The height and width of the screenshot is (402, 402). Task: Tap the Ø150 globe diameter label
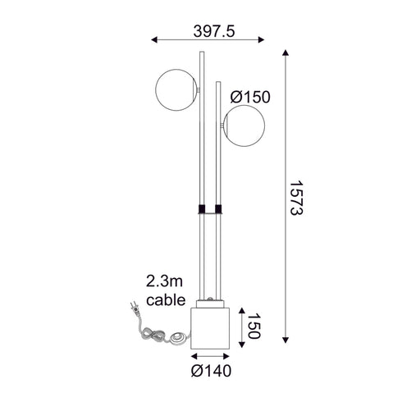point(251,98)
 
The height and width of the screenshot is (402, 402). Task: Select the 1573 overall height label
point(303,198)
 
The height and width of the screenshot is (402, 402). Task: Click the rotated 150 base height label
point(257,325)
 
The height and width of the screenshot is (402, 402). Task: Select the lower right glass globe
point(244,127)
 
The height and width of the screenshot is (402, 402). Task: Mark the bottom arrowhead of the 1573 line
point(286,342)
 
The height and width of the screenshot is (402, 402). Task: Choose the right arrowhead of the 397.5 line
point(262,38)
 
